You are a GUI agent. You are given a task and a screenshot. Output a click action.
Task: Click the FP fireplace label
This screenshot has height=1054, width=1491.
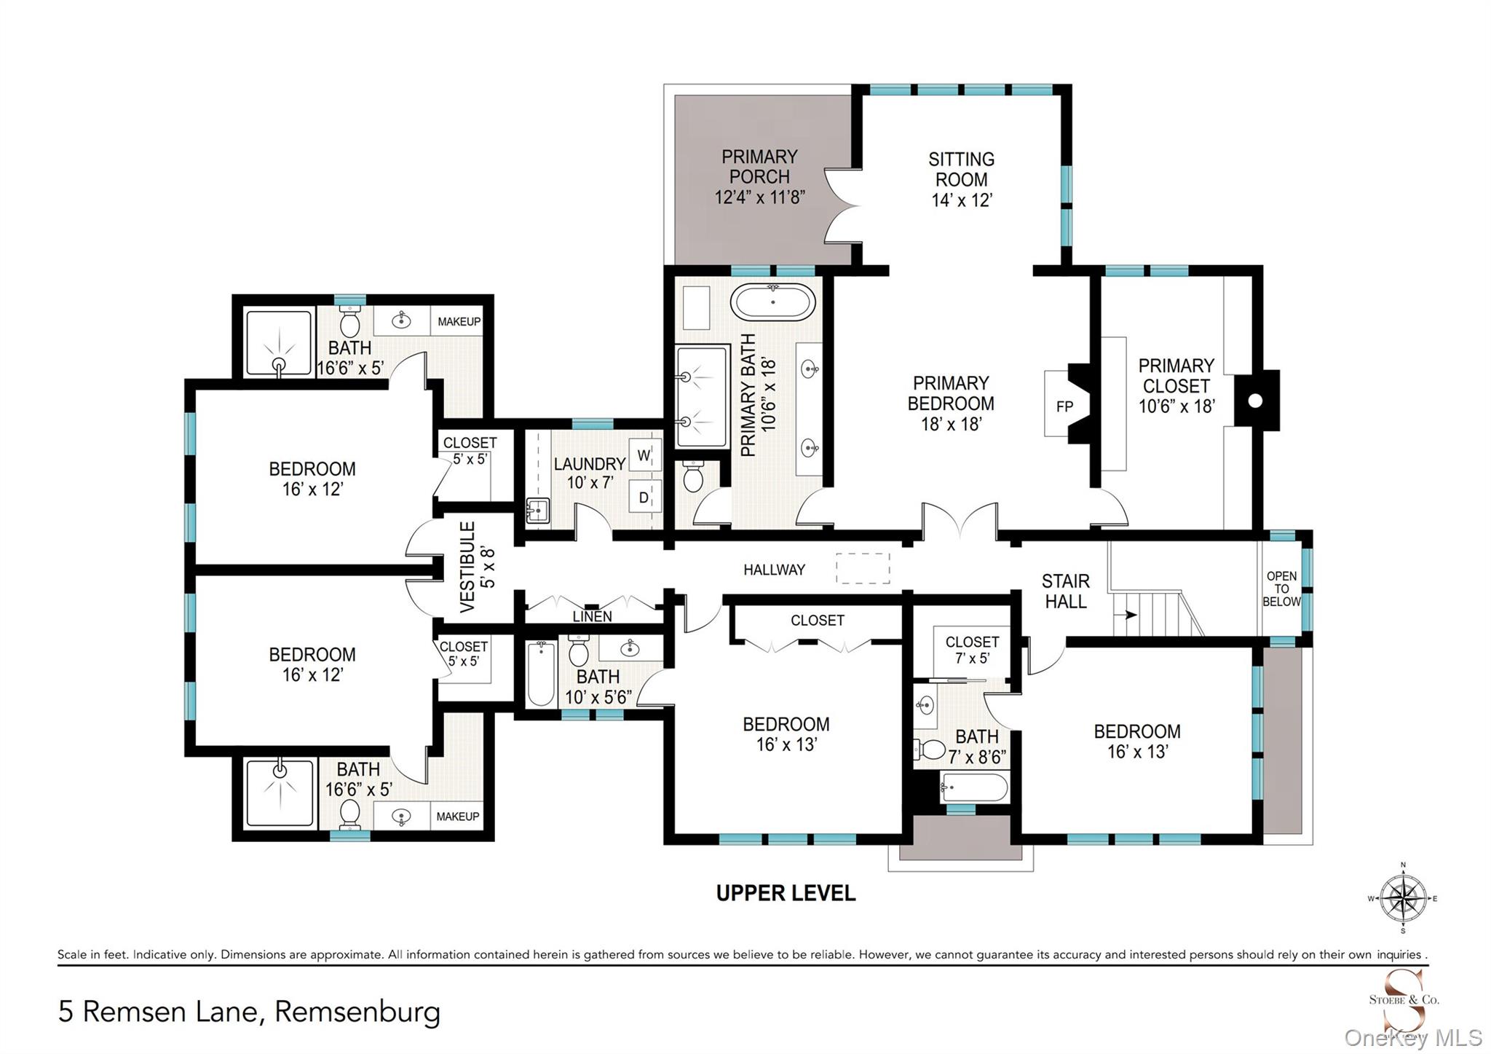(x=1064, y=406)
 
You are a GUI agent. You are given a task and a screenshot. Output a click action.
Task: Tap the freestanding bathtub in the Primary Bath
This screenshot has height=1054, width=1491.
(x=773, y=302)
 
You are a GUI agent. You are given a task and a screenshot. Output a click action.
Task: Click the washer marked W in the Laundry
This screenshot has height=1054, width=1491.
(x=644, y=456)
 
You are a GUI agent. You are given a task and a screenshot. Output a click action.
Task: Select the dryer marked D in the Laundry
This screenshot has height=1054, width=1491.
(x=644, y=497)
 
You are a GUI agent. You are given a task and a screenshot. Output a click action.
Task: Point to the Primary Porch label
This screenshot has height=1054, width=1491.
(x=759, y=176)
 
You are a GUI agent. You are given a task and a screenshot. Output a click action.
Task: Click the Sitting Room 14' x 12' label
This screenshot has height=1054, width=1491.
(x=961, y=179)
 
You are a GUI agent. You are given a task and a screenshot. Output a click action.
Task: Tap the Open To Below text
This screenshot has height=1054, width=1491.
(x=1281, y=589)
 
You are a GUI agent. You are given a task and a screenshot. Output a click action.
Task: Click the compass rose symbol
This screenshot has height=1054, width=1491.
(x=1403, y=898)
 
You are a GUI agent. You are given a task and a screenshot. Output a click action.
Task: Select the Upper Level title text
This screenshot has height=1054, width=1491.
(x=786, y=892)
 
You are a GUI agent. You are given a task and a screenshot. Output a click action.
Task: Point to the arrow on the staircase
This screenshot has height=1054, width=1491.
(x=1130, y=615)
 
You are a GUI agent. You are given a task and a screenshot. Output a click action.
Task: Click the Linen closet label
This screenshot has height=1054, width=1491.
(x=592, y=617)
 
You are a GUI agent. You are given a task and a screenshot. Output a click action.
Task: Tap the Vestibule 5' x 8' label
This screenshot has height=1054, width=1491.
(x=477, y=566)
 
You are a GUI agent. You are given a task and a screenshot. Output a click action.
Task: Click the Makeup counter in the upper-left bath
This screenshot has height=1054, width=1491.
(x=459, y=321)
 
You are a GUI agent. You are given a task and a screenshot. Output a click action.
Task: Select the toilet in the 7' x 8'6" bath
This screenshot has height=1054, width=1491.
(x=931, y=749)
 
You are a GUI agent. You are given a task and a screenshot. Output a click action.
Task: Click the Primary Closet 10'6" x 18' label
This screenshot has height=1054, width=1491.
(x=1176, y=385)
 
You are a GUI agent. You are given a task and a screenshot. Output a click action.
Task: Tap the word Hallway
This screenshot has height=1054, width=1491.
(x=774, y=570)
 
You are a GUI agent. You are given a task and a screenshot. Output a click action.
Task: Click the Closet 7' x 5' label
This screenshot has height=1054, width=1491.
(x=972, y=650)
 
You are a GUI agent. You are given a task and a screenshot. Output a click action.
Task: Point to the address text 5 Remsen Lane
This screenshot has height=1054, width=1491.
(x=250, y=1011)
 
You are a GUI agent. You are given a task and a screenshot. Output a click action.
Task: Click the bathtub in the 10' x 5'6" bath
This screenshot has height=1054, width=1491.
(x=540, y=673)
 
